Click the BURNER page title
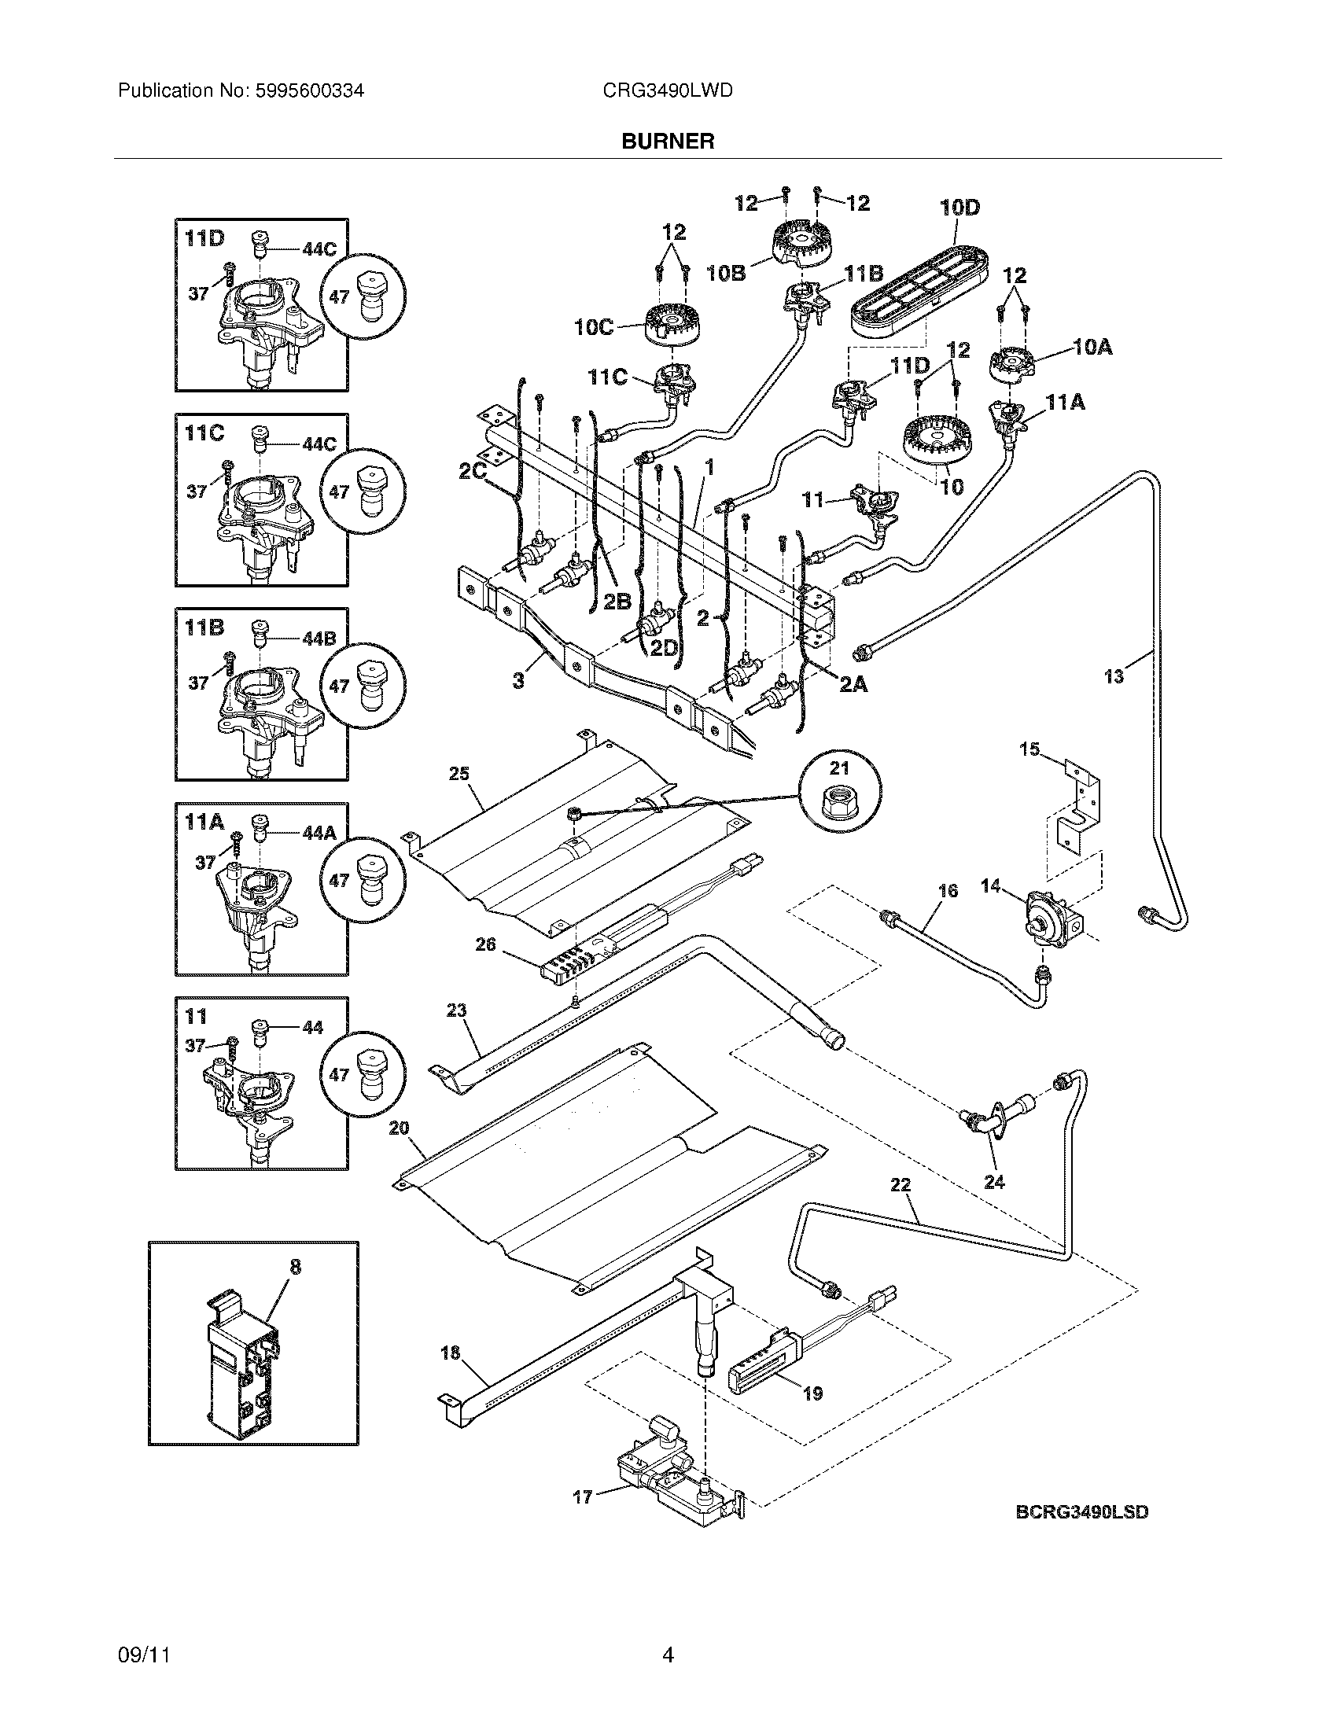pos(668,141)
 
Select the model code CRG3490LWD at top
pos(668,91)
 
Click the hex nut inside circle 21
pos(840,802)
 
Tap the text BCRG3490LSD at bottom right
pos(1082,1512)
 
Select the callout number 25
pos(459,773)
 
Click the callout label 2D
pos(664,647)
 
